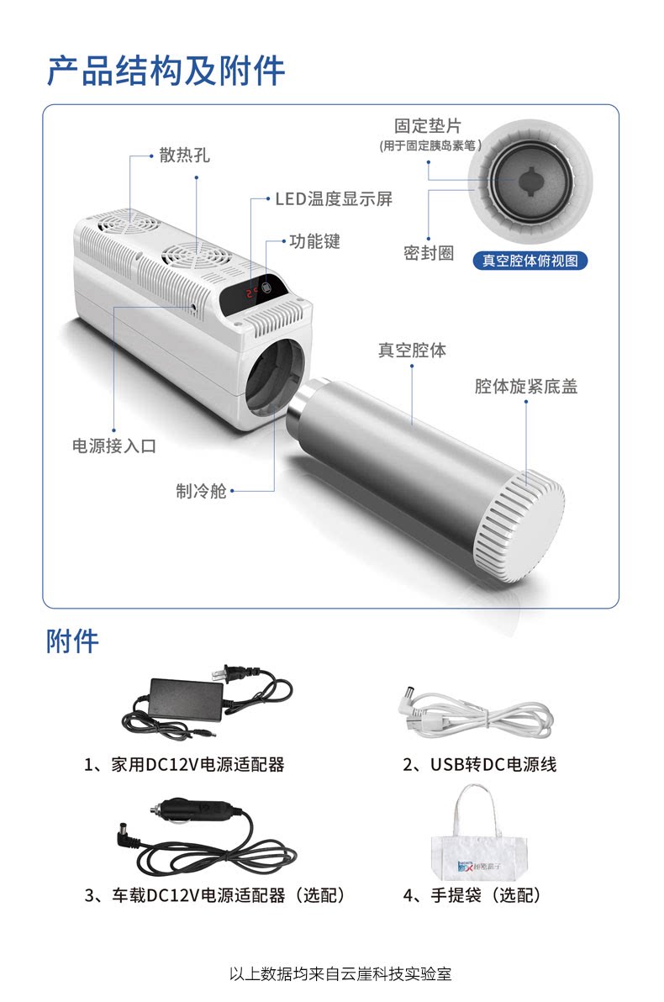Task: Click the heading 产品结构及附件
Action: [166, 71]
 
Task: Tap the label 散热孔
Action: [184, 156]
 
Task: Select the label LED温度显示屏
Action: [334, 198]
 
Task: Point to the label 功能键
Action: [314, 241]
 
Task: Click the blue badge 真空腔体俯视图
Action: [530, 261]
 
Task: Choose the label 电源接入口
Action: [113, 446]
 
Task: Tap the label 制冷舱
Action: [201, 491]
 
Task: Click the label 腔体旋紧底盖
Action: [525, 386]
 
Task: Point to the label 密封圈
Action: [428, 253]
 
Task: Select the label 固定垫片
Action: [427, 126]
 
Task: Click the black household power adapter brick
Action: [185, 699]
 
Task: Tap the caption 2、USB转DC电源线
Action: [480, 764]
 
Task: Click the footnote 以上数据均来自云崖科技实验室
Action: [340, 974]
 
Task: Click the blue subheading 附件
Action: [72, 641]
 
